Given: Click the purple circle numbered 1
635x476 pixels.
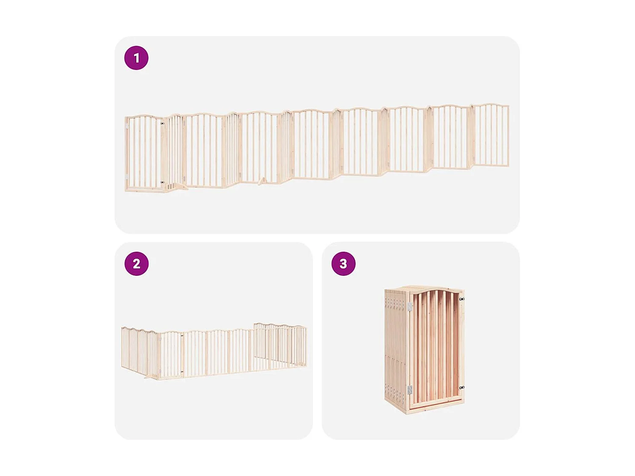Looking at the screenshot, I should [136, 58].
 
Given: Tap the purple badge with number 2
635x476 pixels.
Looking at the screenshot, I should [136, 264].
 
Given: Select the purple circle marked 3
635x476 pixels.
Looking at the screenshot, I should [343, 264].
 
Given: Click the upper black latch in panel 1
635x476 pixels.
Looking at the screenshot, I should [162, 124].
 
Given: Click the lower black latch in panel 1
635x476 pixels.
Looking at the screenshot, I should [162, 182].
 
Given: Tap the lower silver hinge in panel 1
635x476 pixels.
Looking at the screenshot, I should [126, 176].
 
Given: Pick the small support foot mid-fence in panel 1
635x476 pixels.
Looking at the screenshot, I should [262, 181].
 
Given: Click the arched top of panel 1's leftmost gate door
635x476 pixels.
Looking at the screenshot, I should [144, 116].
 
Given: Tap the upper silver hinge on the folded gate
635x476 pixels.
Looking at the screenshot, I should [410, 306].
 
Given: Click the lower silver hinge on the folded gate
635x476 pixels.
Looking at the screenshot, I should [410, 390].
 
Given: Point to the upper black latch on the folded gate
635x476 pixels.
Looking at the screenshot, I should [462, 299].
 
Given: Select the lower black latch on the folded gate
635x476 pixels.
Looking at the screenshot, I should [462, 387].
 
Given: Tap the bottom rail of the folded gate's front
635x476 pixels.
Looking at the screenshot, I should [436, 404].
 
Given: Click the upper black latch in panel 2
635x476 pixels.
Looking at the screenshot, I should [182, 336].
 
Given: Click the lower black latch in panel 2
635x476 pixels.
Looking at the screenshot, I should [182, 372].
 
